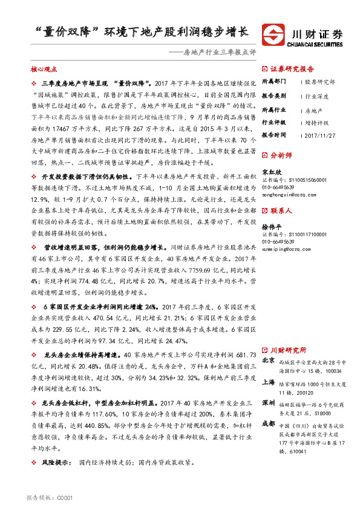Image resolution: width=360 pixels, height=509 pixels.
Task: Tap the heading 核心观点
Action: pyautogui.click(x=42, y=70)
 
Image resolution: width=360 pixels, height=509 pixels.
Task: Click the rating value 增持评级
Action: pyautogui.click(x=318, y=122)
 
